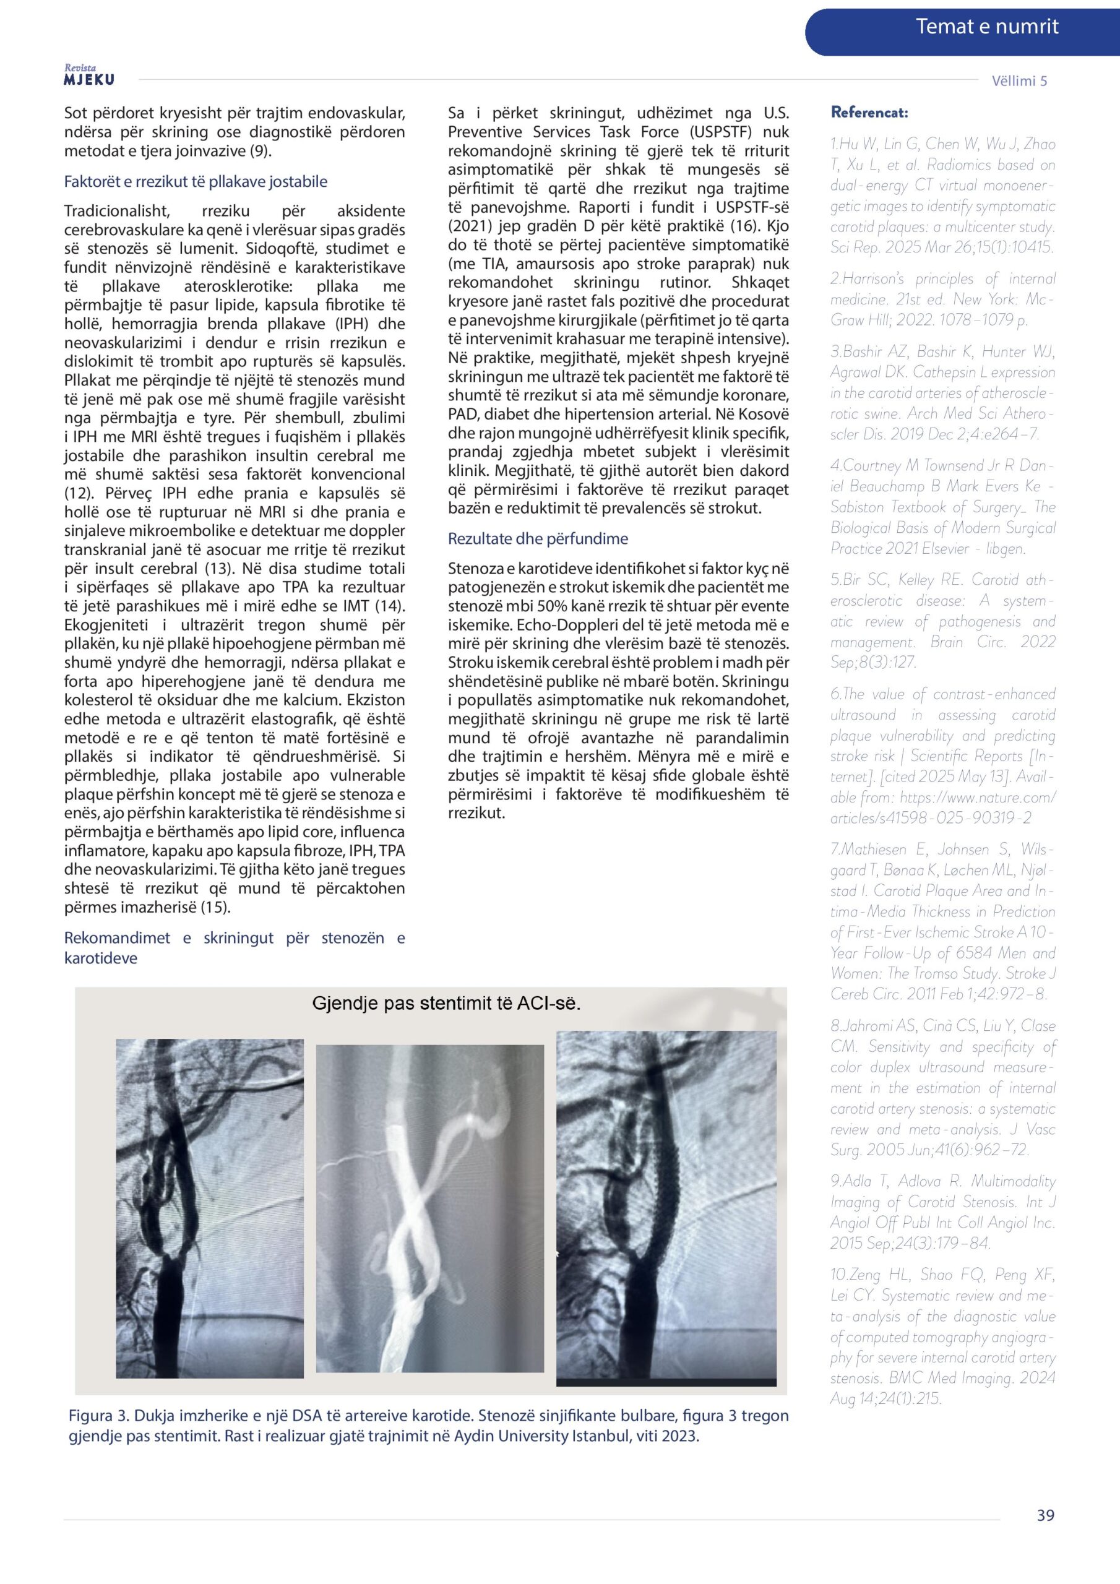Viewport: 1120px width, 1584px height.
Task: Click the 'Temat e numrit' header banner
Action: pyautogui.click(x=986, y=27)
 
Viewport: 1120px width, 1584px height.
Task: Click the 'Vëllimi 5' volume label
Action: pyautogui.click(x=1019, y=80)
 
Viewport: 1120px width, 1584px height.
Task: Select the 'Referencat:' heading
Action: pyautogui.click(x=869, y=113)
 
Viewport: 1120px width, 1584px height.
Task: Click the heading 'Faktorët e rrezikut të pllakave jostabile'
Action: pyautogui.click(x=196, y=181)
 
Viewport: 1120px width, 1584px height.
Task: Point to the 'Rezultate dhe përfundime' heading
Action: pyautogui.click(x=538, y=538)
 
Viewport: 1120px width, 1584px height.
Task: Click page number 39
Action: pyautogui.click(x=1045, y=1534)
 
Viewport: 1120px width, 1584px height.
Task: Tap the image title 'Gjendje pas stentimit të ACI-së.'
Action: pyautogui.click(x=446, y=1003)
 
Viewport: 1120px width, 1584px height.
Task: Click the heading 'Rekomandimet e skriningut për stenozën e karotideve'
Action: pyautogui.click(x=234, y=947)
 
